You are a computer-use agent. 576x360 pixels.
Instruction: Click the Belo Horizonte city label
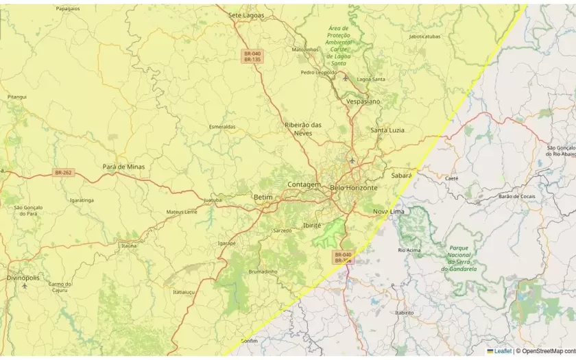(354, 187)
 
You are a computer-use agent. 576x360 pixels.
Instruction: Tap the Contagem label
(304, 184)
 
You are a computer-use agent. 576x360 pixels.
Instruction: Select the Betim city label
(263, 197)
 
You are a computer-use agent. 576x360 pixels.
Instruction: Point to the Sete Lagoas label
(245, 14)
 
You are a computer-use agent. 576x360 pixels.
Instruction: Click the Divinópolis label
(23, 278)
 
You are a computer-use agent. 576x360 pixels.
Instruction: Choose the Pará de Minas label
(123, 167)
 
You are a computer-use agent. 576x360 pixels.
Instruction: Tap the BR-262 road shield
(63, 173)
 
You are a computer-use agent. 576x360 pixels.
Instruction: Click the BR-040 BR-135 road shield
(252, 56)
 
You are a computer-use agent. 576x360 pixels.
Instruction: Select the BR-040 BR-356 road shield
(343, 257)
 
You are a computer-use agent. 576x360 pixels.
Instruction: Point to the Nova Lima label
(389, 211)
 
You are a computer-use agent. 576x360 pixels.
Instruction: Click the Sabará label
(401, 175)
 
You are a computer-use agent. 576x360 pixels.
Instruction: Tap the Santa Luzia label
(387, 130)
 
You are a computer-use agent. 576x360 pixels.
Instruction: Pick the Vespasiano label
(363, 101)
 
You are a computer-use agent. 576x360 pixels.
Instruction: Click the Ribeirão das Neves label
(303, 128)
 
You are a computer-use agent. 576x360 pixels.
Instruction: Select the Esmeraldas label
(222, 127)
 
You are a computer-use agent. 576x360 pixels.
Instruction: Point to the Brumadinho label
(263, 272)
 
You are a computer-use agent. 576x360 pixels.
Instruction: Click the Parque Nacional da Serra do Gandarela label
(459, 259)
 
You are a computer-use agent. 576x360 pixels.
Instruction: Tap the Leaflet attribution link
(499, 351)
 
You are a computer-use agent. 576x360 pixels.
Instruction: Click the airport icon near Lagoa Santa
(345, 78)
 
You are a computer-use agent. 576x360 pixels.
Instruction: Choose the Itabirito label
(405, 312)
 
